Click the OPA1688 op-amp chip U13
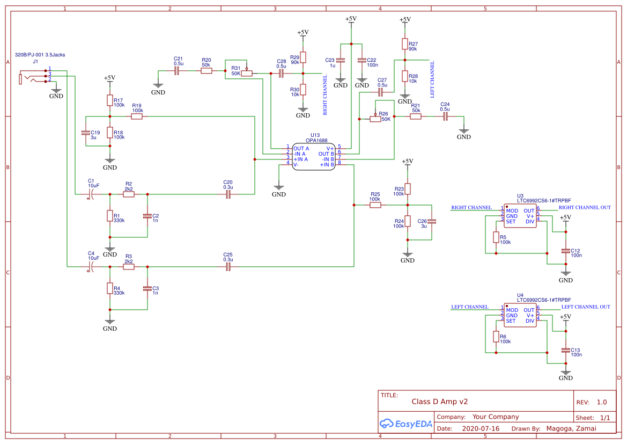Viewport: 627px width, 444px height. [314, 156]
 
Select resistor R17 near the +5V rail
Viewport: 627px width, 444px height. [109, 100]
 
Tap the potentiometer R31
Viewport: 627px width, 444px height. [247, 73]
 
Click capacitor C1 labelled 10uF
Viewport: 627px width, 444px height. [91, 194]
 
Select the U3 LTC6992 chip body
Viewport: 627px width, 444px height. [520, 216]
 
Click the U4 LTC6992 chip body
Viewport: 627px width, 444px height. [520, 315]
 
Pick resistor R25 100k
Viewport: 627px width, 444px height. [375, 205]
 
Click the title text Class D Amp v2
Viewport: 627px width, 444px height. [439, 401]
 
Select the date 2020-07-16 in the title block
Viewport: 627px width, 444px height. [480, 428]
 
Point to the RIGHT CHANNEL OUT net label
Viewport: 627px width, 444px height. [585, 208]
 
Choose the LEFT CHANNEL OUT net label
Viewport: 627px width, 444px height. [585, 307]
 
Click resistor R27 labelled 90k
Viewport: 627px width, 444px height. [405, 44]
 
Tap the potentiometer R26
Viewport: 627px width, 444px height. [375, 119]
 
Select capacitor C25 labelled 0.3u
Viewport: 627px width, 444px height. [228, 266]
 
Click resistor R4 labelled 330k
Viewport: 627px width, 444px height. [109, 289]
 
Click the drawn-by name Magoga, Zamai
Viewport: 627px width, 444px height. [571, 428]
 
